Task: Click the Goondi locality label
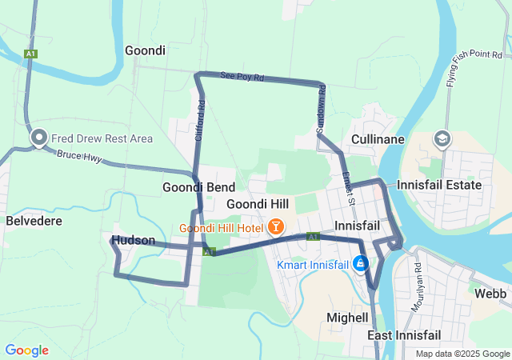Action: (x=145, y=50)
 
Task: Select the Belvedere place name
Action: (x=34, y=219)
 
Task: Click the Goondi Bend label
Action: (x=198, y=187)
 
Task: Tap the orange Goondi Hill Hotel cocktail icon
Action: (x=276, y=227)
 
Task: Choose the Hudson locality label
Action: (x=134, y=240)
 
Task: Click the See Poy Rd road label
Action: (x=242, y=77)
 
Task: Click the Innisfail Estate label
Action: (x=440, y=185)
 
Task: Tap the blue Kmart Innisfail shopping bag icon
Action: (x=361, y=262)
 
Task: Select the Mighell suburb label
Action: (x=348, y=318)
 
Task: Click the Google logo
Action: (x=26, y=350)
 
